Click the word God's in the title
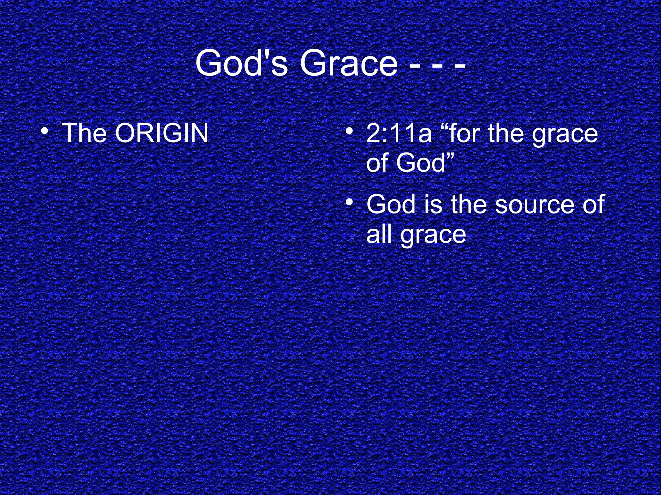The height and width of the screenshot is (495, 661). click(x=241, y=63)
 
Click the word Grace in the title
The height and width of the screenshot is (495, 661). click(x=349, y=63)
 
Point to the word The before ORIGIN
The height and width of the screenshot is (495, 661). click(x=84, y=133)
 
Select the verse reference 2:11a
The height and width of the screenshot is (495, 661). click(x=399, y=134)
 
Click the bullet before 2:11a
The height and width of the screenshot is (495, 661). click(x=348, y=132)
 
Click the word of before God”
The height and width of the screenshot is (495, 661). click(x=378, y=163)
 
